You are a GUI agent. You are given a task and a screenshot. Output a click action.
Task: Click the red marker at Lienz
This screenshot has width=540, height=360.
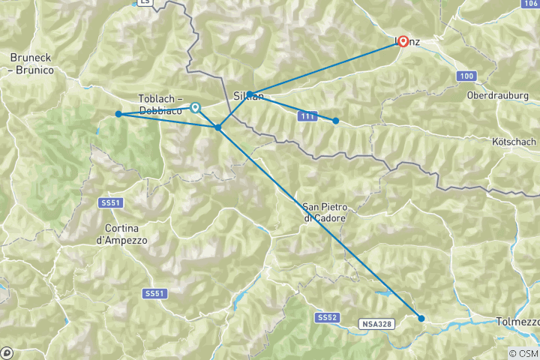coord(403,42)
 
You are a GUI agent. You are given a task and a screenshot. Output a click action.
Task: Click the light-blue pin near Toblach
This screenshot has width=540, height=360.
coord(195,108)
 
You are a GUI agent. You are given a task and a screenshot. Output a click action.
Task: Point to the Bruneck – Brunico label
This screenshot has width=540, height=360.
coord(32,63)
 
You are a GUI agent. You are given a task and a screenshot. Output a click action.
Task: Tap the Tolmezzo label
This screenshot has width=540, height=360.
coord(517,322)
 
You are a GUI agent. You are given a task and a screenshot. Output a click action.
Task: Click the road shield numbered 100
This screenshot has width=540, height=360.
coord(467,76)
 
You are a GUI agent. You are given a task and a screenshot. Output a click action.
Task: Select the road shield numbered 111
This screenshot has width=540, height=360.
coord(306,116)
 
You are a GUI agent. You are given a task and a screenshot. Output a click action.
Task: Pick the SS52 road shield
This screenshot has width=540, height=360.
coord(326,318)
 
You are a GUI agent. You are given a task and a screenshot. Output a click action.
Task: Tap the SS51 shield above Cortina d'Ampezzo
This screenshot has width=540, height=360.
coord(110,203)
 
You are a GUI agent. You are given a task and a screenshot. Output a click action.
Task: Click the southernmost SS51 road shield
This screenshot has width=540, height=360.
coord(153,293)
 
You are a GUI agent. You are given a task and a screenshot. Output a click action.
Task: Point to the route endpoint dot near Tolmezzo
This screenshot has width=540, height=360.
coord(421,319)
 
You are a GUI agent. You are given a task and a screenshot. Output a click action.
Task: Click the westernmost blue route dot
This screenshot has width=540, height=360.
coord(118,114)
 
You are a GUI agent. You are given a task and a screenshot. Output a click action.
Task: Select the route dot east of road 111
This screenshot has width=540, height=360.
coord(336,121)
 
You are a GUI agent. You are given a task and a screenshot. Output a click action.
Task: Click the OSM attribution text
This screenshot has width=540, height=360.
coord(523,353)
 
